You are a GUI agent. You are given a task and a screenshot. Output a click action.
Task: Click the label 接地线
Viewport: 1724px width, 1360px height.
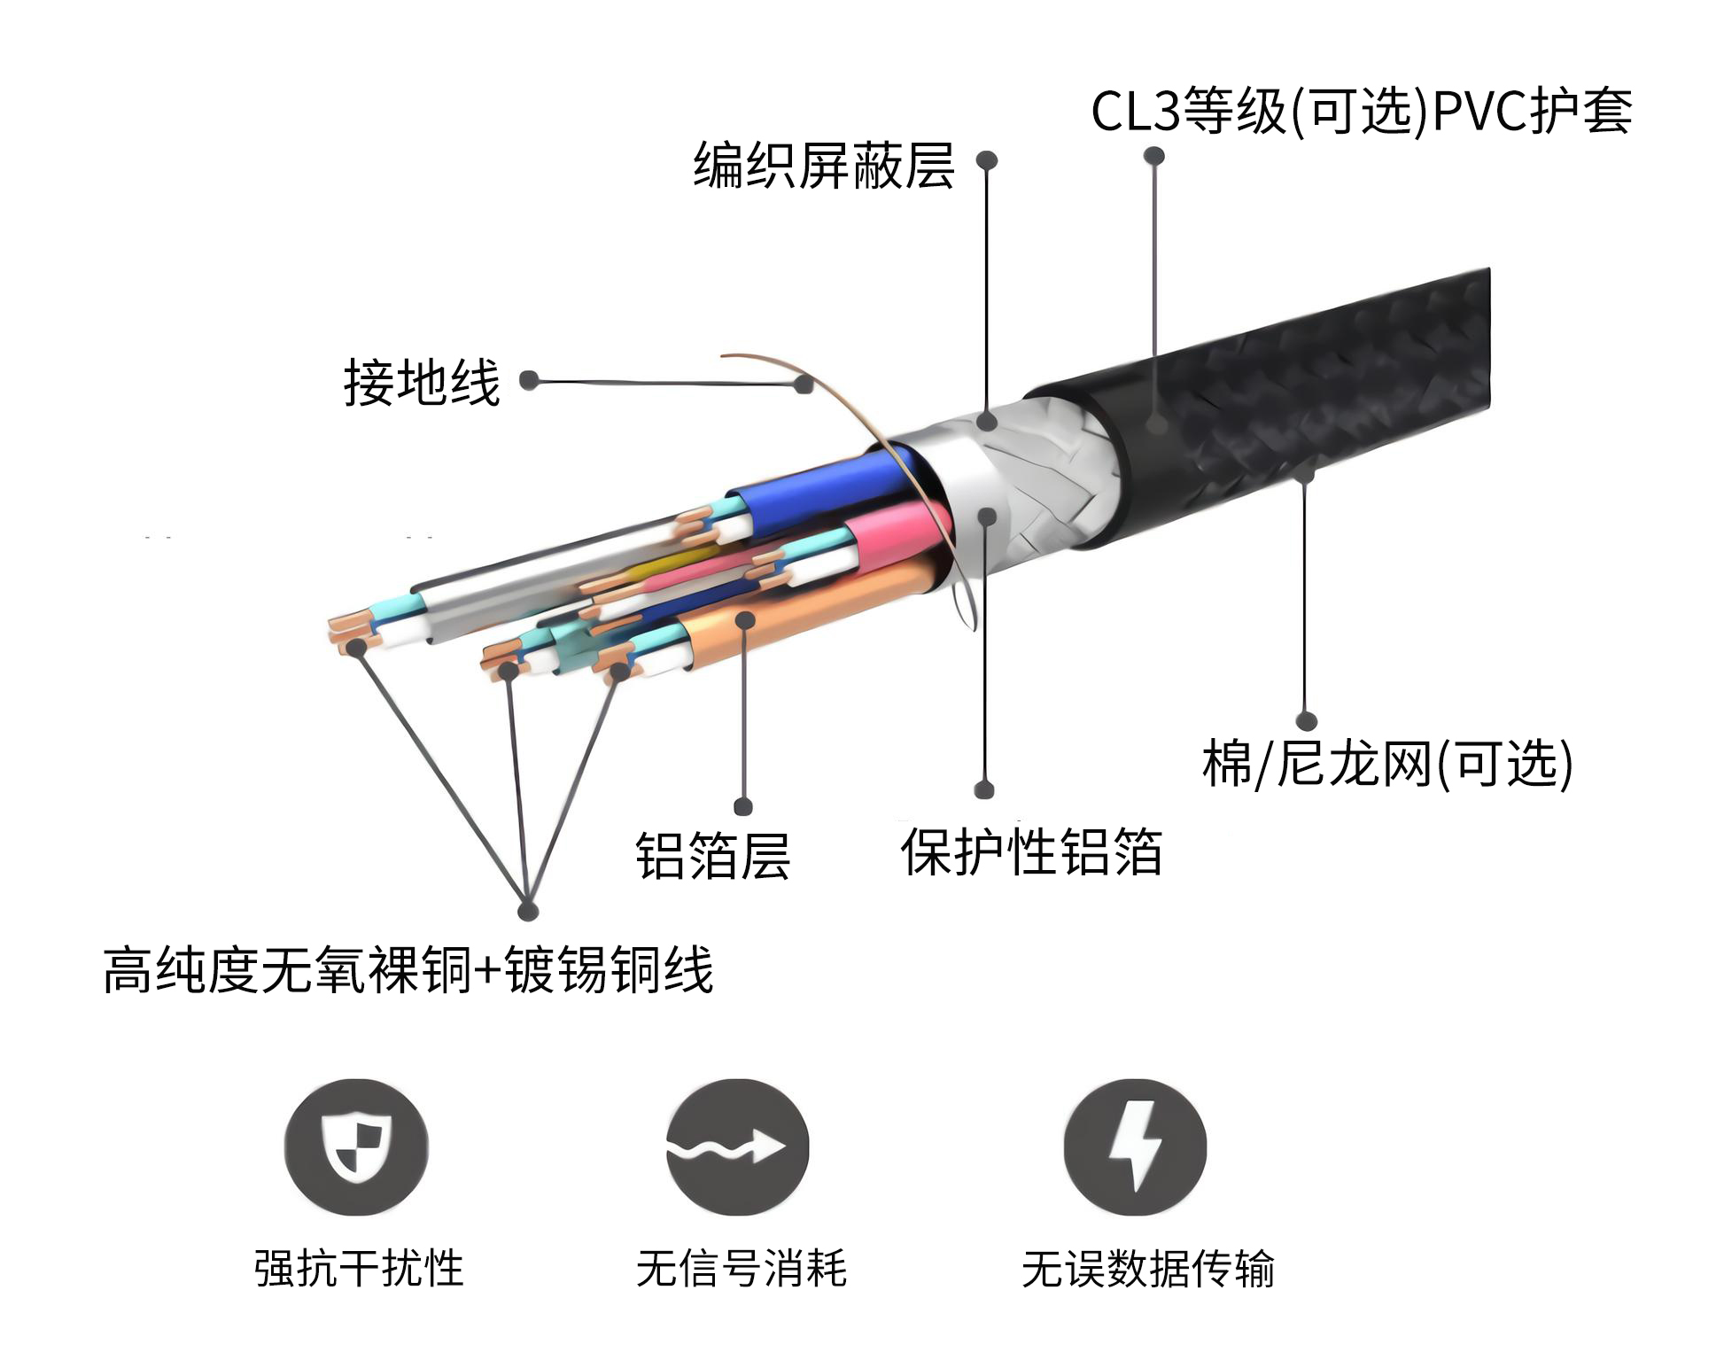pos(422,383)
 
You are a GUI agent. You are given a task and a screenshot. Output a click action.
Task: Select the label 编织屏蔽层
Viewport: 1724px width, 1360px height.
pos(824,166)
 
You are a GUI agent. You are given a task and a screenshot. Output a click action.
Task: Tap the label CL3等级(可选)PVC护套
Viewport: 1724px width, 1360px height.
pos(1362,112)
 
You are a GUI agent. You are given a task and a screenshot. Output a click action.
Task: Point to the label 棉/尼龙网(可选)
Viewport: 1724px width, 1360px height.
pos(1387,764)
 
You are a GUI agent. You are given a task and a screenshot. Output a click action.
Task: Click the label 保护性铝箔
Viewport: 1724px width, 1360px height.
pos(1031,852)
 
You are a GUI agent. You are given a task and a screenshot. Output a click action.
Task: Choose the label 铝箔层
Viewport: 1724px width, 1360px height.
pos(713,856)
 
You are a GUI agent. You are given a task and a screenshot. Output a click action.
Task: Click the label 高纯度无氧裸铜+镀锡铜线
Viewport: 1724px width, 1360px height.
pos(408,970)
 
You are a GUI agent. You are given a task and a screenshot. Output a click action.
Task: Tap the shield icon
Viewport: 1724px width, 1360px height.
pos(356,1147)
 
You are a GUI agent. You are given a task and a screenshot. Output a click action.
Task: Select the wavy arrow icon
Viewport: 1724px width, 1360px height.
pos(737,1147)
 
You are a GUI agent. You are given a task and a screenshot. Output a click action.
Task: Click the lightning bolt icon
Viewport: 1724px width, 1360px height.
pos(1135,1147)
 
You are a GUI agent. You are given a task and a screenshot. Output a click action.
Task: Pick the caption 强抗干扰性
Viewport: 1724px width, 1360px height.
pos(359,1269)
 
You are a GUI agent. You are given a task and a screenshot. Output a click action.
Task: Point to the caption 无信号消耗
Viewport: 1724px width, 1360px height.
pos(742,1269)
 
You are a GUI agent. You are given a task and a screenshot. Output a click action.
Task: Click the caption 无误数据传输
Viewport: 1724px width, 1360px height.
pos(1148,1269)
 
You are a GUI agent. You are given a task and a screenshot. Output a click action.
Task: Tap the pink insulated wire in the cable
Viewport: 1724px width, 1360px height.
pos(895,532)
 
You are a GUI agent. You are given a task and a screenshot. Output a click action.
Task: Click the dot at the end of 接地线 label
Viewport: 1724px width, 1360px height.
pos(529,381)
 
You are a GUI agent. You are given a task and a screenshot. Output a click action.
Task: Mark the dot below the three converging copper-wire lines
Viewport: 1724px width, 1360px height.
pos(528,910)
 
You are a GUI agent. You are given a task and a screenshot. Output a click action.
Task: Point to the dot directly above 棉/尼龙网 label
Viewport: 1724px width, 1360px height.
pos(1306,720)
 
